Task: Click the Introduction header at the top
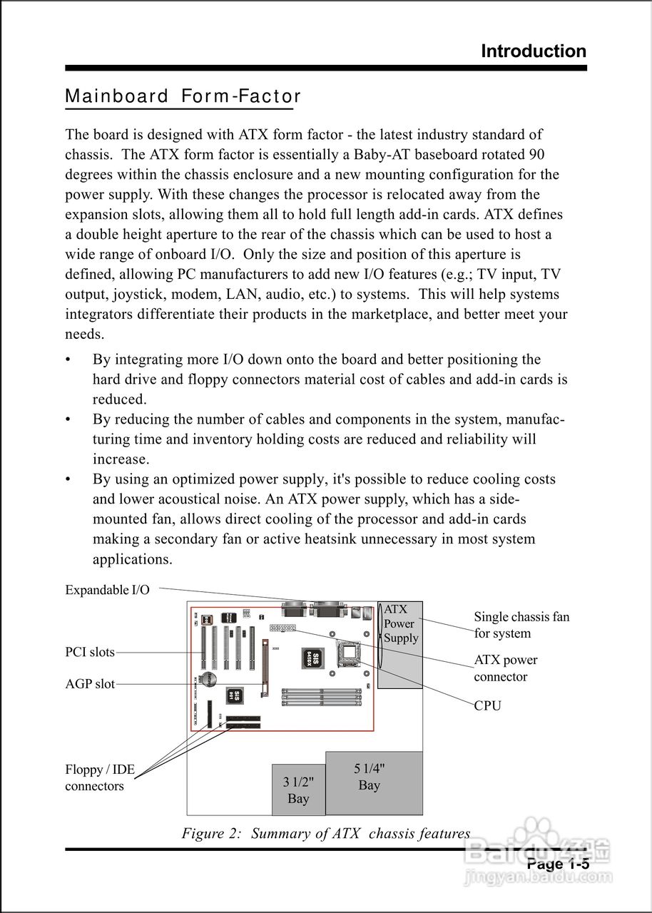coord(534,51)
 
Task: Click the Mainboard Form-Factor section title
coord(183,96)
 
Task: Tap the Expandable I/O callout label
coord(108,590)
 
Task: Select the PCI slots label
coord(90,652)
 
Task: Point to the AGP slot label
coord(90,684)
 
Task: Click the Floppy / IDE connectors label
coord(100,778)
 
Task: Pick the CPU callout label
coord(488,706)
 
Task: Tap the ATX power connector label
coord(506,668)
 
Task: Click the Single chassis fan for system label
coord(521,625)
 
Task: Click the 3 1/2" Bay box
coord(298,790)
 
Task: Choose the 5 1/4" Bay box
coord(374,782)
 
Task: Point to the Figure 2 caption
coord(326,834)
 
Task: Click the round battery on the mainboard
coord(208,678)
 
